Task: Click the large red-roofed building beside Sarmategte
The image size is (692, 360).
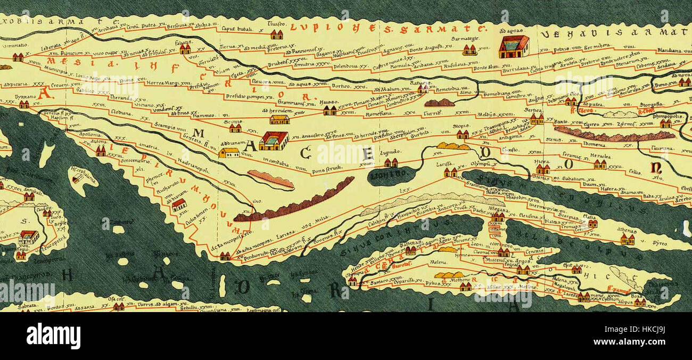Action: point(514,47)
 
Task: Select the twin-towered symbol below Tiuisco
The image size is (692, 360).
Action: point(276,35)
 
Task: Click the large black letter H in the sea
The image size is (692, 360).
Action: point(67,275)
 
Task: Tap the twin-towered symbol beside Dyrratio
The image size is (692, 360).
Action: point(24,104)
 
